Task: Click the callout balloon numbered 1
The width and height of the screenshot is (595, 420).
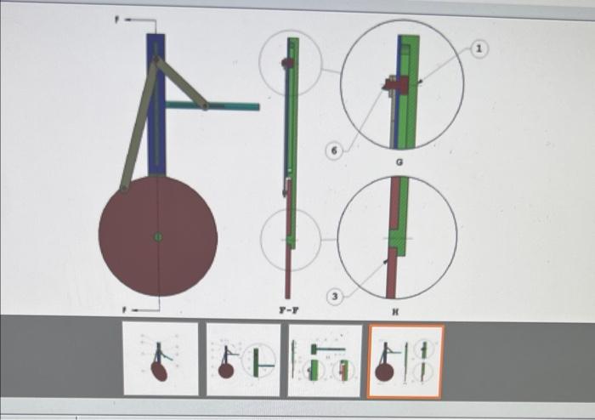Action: pyautogui.click(x=479, y=51)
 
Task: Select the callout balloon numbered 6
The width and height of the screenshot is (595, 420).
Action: pyautogui.click(x=334, y=150)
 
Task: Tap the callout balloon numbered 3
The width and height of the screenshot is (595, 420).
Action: pyautogui.click(x=335, y=297)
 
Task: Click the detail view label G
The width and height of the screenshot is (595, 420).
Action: pyautogui.click(x=400, y=161)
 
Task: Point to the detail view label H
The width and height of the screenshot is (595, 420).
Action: pyautogui.click(x=394, y=312)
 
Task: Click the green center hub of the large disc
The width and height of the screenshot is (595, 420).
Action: pyautogui.click(x=157, y=236)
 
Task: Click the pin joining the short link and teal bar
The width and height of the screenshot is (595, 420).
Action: pyautogui.click(x=204, y=106)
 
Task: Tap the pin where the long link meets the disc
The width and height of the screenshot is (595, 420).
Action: pyautogui.click(x=124, y=188)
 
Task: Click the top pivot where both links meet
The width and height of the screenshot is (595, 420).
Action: pyautogui.click(x=156, y=59)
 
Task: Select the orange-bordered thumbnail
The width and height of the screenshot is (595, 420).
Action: pyautogui.click(x=405, y=361)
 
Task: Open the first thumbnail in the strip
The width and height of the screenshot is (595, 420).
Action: pyautogui.click(x=161, y=359)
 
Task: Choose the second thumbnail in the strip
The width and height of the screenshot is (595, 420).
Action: pyautogui.click(x=243, y=360)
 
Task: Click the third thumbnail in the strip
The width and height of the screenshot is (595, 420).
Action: pyautogui.click(x=324, y=360)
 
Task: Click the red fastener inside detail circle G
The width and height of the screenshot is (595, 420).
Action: pyautogui.click(x=395, y=83)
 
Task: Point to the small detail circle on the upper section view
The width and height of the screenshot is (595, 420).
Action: pyautogui.click(x=290, y=62)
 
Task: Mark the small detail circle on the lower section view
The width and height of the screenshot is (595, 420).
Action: pyautogui.click(x=291, y=239)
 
